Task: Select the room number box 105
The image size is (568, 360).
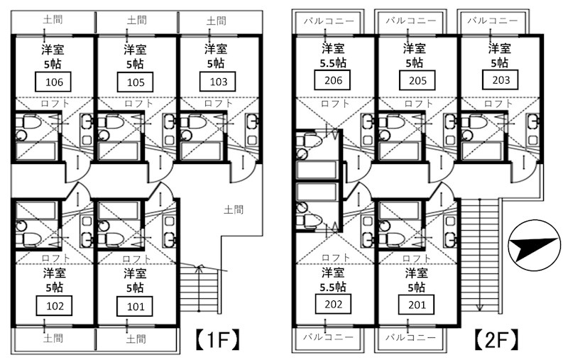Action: point(135,82)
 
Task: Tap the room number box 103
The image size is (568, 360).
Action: point(218,82)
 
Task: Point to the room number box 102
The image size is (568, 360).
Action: point(55,306)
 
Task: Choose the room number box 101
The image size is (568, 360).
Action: point(135,307)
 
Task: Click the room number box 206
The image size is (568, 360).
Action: point(332,80)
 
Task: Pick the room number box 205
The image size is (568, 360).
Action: point(417,80)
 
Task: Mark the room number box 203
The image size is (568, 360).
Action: point(501,80)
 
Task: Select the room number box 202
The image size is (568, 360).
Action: point(333,304)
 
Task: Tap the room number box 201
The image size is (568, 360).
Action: point(417,305)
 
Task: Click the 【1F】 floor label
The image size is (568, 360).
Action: point(218,339)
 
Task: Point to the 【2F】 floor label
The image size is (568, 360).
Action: point(496,339)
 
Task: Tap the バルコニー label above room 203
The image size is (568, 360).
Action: point(493,21)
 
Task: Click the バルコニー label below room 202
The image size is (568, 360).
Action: point(328,337)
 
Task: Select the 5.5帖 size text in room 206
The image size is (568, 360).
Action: point(333,63)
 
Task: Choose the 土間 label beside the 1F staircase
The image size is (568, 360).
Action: point(234,209)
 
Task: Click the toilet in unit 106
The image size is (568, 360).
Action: point(28,122)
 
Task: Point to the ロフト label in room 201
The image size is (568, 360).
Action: point(417,258)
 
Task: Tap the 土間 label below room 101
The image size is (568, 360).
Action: point(136,339)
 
